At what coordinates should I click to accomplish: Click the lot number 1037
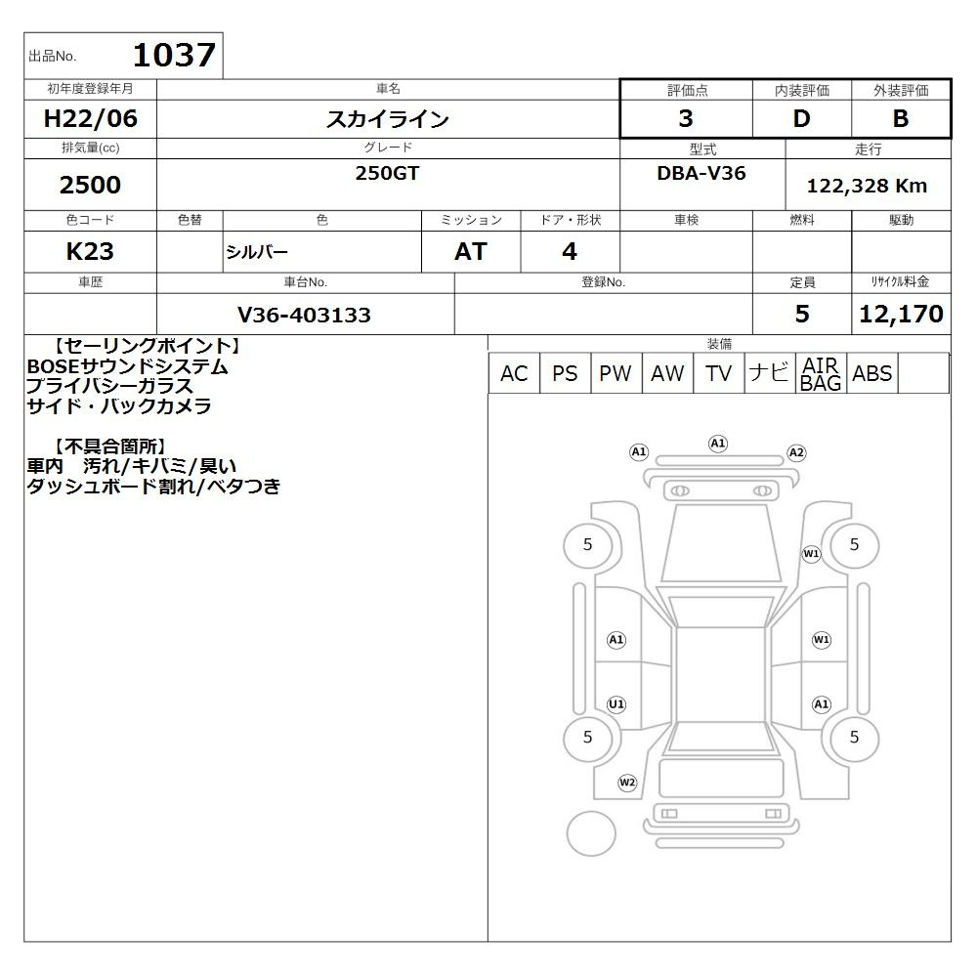[175, 55]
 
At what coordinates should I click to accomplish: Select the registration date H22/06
[90, 118]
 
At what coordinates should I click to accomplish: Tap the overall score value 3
[686, 118]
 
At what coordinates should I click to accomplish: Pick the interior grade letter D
[801, 118]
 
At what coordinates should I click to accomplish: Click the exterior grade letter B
[901, 118]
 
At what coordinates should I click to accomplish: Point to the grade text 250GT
[387, 173]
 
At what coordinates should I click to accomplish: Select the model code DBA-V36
[701, 173]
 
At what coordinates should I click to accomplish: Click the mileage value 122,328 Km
[867, 186]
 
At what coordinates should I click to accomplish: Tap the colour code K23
[90, 251]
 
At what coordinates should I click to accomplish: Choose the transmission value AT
[471, 251]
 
